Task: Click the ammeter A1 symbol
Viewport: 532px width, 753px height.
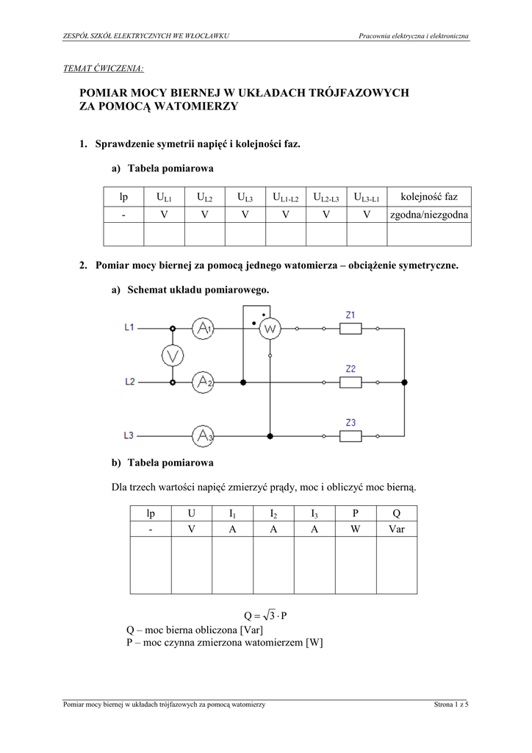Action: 203,329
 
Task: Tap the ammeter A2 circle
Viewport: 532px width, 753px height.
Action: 203,382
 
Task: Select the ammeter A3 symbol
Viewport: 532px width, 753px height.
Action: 203,436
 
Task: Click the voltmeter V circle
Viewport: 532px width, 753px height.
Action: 173,356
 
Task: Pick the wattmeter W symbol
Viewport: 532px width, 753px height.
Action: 270,329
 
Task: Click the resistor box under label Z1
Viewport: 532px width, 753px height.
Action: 350,329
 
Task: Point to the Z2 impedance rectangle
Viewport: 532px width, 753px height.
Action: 350,382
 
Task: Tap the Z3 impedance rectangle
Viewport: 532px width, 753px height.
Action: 350,436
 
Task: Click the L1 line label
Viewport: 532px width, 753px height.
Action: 129,327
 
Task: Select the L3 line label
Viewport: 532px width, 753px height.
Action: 129,435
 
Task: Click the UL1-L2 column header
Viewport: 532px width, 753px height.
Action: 285,197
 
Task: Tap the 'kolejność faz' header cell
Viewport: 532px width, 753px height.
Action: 429,196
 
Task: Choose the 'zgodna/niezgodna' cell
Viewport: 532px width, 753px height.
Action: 429,215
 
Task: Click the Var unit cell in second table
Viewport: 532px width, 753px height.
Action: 397,529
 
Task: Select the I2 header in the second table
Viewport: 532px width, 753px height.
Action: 273,513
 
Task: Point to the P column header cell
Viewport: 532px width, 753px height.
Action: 356,513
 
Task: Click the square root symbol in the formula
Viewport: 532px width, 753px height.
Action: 268,615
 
